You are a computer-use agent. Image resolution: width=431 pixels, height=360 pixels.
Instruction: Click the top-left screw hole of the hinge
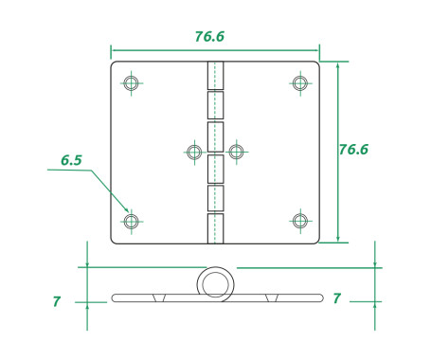click(132, 83)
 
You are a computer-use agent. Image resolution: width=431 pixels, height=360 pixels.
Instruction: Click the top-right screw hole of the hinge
click(300, 83)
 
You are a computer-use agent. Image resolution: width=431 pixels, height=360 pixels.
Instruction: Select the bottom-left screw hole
click(132, 222)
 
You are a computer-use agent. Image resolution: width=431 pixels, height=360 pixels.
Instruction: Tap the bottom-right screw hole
click(300, 222)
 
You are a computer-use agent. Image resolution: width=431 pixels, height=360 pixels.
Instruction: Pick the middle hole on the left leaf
click(194, 152)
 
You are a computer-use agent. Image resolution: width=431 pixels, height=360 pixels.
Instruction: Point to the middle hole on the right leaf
click(237, 152)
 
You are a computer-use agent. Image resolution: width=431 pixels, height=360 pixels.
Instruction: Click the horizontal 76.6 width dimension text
click(209, 37)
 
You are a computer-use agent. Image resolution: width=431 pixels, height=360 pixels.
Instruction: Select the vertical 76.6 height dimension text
click(353, 150)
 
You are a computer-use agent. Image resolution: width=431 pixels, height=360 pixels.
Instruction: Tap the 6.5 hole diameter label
click(71, 160)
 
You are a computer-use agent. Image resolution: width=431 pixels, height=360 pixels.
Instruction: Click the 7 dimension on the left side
click(56, 301)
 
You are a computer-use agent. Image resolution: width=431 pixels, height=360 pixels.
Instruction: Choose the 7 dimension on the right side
click(336, 298)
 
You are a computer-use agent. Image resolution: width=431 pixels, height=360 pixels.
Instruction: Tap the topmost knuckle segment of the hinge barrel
click(216, 76)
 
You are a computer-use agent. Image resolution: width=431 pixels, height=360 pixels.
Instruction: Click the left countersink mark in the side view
click(160, 298)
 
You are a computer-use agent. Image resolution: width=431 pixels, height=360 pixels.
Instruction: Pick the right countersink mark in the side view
click(272, 298)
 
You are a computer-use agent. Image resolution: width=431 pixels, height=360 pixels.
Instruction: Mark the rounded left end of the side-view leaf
click(115, 298)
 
